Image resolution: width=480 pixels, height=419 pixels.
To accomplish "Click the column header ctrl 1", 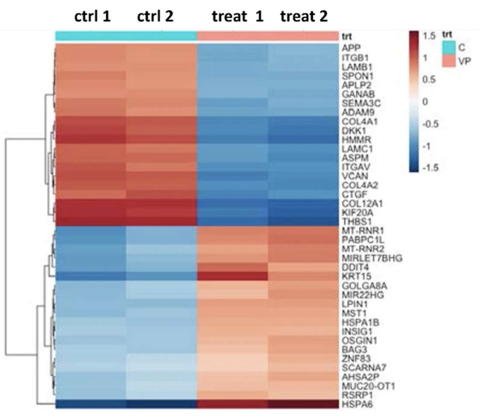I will point(90,16).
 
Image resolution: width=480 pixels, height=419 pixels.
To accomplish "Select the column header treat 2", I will point(303,16).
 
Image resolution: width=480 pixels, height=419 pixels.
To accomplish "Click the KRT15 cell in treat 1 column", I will point(232,276).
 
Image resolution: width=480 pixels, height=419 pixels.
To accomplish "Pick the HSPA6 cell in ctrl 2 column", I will point(161,404).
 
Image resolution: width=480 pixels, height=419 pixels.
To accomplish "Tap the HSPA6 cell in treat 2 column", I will point(302,404).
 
